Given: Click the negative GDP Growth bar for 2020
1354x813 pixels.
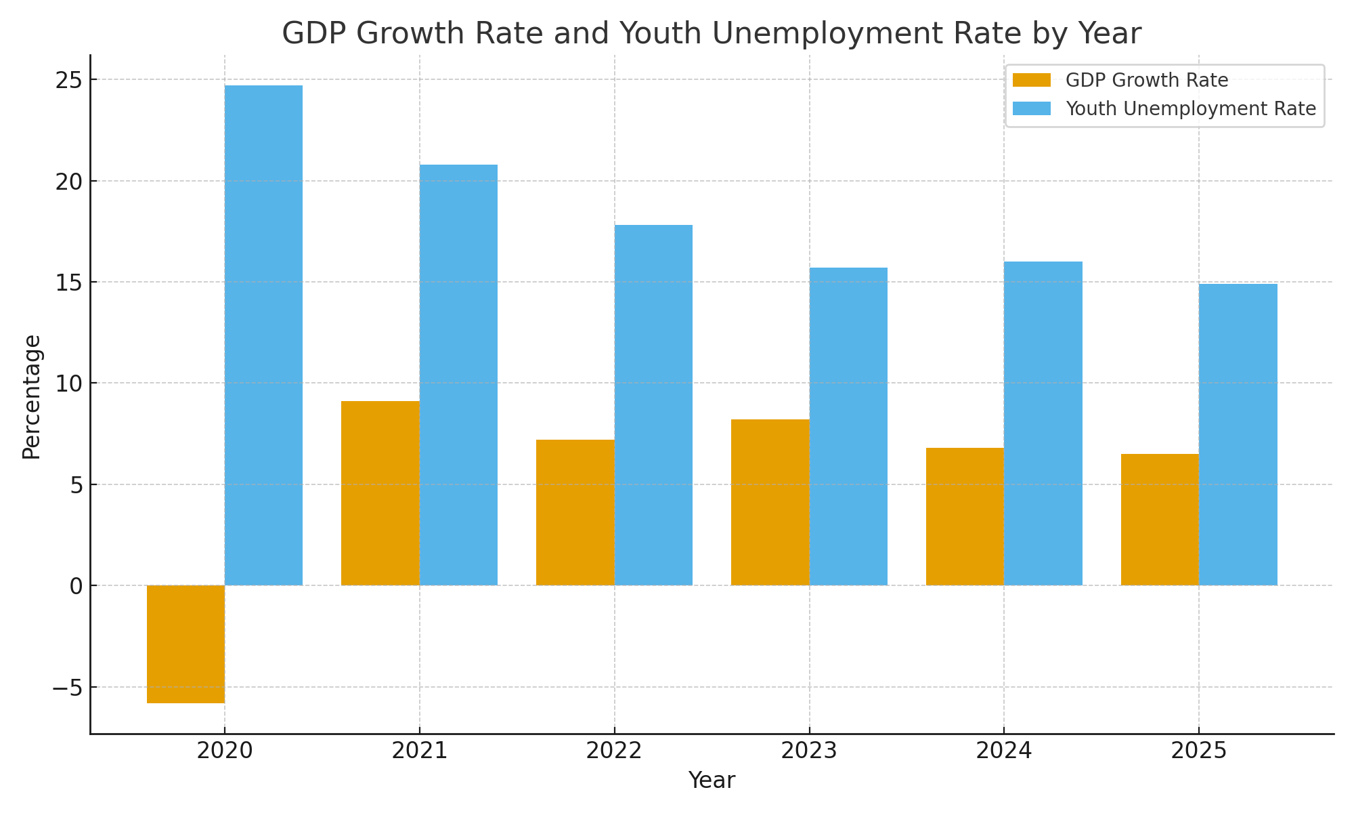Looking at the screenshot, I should point(185,644).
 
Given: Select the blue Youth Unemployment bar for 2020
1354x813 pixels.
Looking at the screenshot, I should point(263,335).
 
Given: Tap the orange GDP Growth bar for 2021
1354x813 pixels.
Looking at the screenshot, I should point(380,493).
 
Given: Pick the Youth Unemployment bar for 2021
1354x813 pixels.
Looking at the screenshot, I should point(458,375).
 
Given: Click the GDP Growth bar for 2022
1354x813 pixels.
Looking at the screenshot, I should point(575,512).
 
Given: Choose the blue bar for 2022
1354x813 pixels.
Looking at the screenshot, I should point(653,405).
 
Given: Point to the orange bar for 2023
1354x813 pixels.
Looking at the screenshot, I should point(770,502).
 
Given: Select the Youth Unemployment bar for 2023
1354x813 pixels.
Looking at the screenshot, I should point(848,426).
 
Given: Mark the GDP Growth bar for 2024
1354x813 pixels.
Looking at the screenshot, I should point(965,516).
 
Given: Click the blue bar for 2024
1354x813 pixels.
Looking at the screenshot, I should point(1043,423).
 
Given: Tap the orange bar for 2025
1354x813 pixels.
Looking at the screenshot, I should point(1160,520).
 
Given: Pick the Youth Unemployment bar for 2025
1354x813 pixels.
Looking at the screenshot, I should point(1238,434).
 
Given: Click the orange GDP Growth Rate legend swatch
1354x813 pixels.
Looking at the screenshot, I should point(1032,81).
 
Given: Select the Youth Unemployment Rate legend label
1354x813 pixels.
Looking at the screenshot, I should point(1191,109).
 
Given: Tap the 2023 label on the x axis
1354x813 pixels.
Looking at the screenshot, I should point(810,751).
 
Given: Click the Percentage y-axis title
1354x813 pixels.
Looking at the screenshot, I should point(32,397).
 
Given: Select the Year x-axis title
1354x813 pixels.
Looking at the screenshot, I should point(712,781).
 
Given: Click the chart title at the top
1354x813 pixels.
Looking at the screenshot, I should point(712,34).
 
